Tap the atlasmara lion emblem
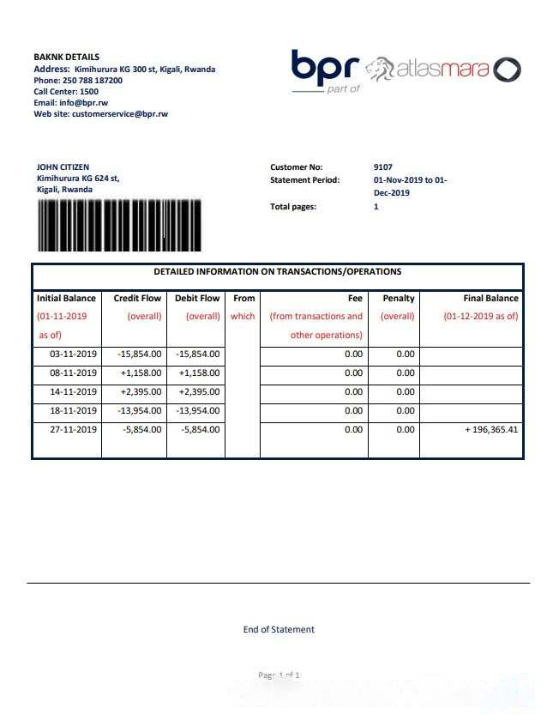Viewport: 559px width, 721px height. (x=379, y=69)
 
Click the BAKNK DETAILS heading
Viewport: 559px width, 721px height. (x=66, y=58)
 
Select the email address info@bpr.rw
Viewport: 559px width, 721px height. (x=82, y=103)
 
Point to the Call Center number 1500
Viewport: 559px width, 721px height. (x=89, y=92)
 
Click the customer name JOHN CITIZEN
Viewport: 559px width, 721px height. (x=63, y=167)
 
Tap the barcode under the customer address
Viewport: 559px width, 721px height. (x=118, y=226)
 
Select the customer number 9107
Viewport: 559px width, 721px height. (x=383, y=167)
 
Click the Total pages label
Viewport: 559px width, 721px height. (x=293, y=207)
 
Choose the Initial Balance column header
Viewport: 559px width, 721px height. (x=66, y=299)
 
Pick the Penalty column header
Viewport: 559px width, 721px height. (x=398, y=299)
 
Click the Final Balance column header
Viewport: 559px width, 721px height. (x=490, y=299)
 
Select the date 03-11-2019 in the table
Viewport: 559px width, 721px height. (x=73, y=354)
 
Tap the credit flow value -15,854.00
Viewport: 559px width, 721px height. (x=139, y=354)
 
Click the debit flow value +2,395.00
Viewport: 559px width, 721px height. (x=197, y=392)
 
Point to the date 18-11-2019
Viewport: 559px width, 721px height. (x=73, y=411)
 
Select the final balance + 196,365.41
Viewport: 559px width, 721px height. (x=491, y=430)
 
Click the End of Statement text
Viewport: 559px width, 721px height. (x=279, y=630)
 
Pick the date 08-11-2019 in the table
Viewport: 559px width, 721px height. (x=73, y=373)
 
